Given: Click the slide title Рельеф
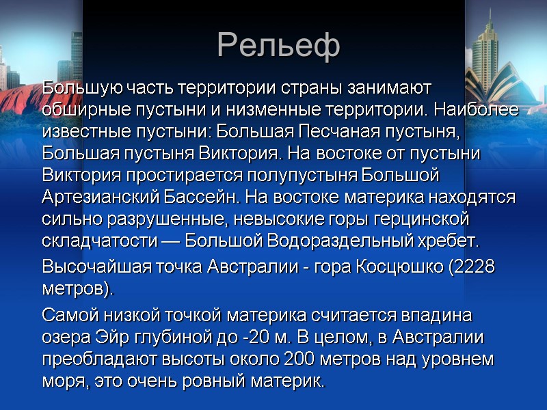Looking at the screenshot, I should pyautogui.click(x=278, y=46).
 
